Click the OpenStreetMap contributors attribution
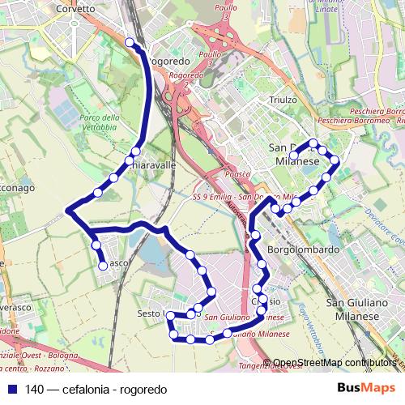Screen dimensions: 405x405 click(336, 363)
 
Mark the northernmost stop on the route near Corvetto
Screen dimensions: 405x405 click(130, 42)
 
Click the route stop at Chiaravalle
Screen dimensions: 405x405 click(135, 151)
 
